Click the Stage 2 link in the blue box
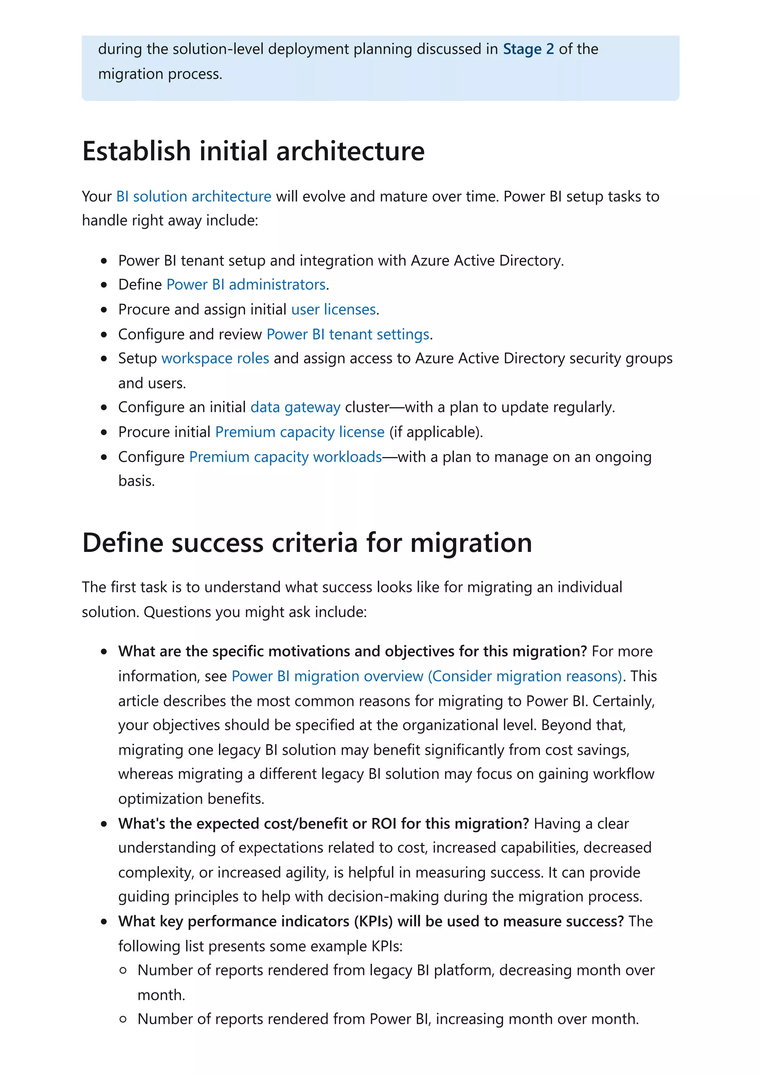click(x=528, y=49)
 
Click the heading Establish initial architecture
click(x=253, y=151)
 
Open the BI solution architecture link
click(x=193, y=196)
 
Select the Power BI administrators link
click(x=246, y=285)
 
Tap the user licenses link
click(x=333, y=309)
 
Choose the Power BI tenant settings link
click(x=348, y=334)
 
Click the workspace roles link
click(x=215, y=358)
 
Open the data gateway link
click(x=295, y=407)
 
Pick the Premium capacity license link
click(x=300, y=432)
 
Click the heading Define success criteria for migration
click(x=307, y=543)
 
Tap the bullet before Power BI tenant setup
click(x=104, y=261)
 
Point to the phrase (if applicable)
click(x=436, y=432)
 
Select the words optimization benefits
click(x=191, y=799)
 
